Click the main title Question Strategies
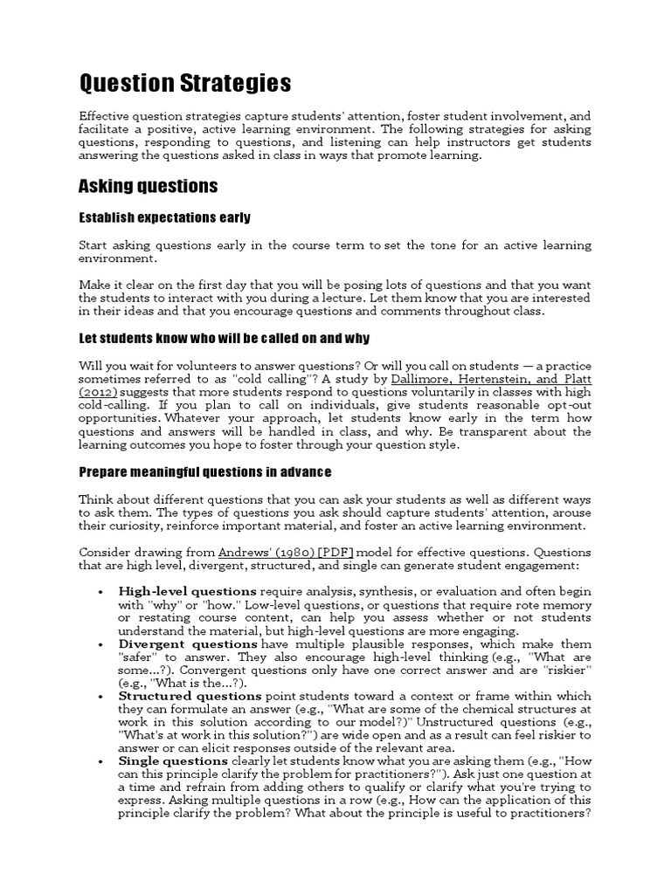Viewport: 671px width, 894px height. coord(185,84)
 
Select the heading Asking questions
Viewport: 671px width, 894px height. coord(148,187)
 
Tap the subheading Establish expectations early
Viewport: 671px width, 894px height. coord(164,217)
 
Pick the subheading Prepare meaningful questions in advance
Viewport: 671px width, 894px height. coord(205,472)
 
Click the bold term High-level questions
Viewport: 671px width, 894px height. coord(188,591)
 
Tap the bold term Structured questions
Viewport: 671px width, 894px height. coord(190,697)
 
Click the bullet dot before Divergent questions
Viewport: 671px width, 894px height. coord(103,645)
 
